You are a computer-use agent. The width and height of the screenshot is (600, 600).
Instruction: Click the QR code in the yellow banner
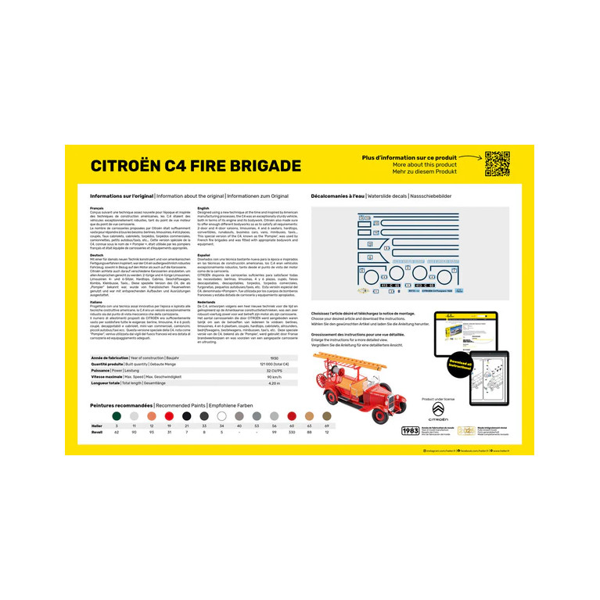[497, 163]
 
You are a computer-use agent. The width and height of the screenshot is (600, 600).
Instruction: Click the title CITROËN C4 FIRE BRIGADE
[196, 166]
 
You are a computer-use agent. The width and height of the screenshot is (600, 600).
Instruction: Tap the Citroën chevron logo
[438, 410]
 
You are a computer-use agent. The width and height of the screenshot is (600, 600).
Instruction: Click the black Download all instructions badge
[460, 367]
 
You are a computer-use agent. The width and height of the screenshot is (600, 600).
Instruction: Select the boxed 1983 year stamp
[410, 430]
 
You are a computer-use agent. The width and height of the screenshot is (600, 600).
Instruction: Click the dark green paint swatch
[117, 416]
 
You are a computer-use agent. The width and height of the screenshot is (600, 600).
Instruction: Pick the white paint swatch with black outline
[221, 416]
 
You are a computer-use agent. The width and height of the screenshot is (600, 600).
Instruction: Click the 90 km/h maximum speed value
[274, 377]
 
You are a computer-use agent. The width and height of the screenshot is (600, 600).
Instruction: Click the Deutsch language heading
[97, 255]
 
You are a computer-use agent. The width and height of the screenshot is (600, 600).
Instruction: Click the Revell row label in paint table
[96, 431]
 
